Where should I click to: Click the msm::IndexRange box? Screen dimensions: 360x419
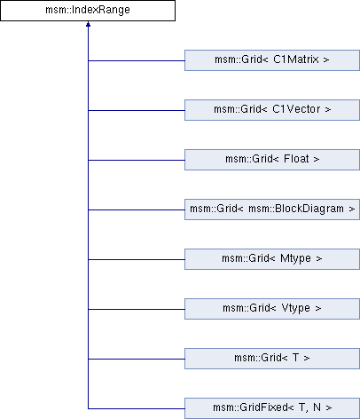[88, 11]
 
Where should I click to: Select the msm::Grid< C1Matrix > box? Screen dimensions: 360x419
[272, 60]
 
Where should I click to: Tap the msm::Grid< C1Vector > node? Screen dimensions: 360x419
[272, 110]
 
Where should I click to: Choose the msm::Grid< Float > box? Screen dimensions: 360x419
[272, 160]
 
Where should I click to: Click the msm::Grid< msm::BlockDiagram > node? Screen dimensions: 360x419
[272, 209]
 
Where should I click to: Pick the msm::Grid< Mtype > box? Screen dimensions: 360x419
[272, 259]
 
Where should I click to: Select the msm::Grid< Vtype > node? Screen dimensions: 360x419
[272, 309]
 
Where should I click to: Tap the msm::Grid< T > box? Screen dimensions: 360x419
[272, 359]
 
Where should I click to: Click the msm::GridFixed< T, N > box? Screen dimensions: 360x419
[272, 408]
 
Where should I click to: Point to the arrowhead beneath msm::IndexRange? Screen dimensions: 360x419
[88, 24]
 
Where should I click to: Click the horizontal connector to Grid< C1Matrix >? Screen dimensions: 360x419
[137, 60]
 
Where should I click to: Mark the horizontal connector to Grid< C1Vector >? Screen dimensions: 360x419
[137, 110]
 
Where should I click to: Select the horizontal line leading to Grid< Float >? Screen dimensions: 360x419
[137, 160]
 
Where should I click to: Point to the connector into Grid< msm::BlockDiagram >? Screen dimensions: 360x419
[137, 209]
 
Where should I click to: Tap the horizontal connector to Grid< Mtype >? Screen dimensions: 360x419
[137, 259]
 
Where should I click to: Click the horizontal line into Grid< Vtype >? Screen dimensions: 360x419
[137, 309]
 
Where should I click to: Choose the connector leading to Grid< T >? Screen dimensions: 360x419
[137, 359]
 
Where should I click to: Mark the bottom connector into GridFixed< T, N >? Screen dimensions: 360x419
[137, 408]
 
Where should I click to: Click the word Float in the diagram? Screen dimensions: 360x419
[296, 159]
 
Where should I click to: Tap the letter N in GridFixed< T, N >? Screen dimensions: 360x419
[317, 407]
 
